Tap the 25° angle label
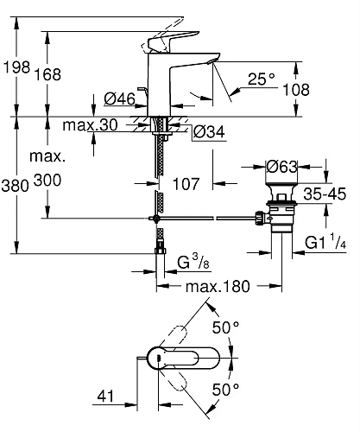(260, 79)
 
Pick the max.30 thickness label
(90, 126)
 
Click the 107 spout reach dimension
(186, 184)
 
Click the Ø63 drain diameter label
(281, 166)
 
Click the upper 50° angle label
(225, 329)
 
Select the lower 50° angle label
(225, 390)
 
